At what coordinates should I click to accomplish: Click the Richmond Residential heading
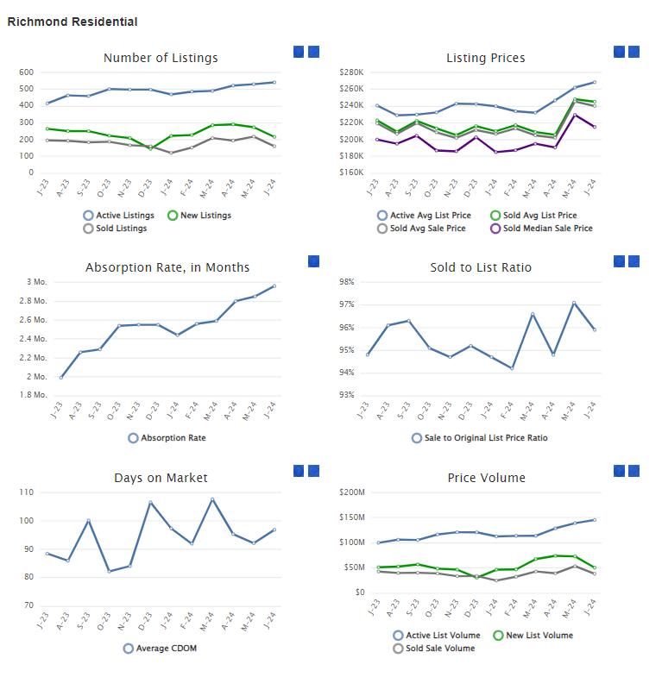pyautogui.click(x=73, y=22)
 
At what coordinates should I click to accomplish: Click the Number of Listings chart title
pyautogui.click(x=161, y=58)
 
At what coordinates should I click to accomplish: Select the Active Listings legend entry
pyautogui.click(x=119, y=216)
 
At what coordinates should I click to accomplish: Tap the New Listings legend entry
pyautogui.click(x=200, y=216)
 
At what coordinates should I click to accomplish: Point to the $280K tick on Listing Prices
pyautogui.click(x=352, y=72)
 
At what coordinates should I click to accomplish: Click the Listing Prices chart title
pyautogui.click(x=485, y=58)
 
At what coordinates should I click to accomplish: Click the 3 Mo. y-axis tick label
pyautogui.click(x=36, y=282)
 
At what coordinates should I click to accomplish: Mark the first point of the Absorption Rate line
pyautogui.click(x=61, y=377)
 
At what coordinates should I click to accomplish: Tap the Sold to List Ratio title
pyautogui.click(x=481, y=267)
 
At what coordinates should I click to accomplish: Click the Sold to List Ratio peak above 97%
pyautogui.click(x=574, y=303)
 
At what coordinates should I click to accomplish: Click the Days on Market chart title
pyautogui.click(x=161, y=477)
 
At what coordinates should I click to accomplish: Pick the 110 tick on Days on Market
pyautogui.click(x=26, y=492)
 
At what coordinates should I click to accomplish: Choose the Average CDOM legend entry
pyautogui.click(x=161, y=649)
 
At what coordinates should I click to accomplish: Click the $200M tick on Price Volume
pyautogui.click(x=353, y=492)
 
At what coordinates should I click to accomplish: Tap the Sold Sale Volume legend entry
pyautogui.click(x=433, y=649)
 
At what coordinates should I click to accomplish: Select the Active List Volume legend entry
pyautogui.click(x=436, y=636)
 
